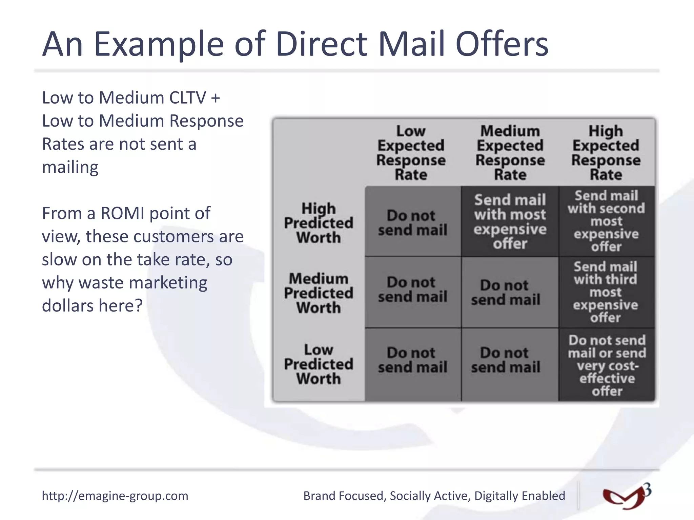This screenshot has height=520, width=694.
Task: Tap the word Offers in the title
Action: coord(502,44)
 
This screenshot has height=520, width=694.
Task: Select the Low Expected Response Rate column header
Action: coord(411,153)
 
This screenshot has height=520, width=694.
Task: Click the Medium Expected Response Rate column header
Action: coord(510,153)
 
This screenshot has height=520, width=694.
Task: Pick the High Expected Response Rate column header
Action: coord(606,153)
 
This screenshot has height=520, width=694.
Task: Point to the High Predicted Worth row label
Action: coord(319,223)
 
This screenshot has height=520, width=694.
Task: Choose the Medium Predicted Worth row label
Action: coord(319,293)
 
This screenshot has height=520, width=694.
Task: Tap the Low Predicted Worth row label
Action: coord(319,364)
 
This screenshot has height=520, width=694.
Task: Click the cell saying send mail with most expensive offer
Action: coord(510,222)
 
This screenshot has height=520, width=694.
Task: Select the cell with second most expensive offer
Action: coord(606,221)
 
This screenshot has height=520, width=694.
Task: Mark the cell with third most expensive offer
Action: coord(606,292)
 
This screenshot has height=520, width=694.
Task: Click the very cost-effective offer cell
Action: coord(607,365)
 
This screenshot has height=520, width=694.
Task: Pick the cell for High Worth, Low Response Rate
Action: coord(412,222)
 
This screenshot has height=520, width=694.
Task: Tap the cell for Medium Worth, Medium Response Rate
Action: coord(506,292)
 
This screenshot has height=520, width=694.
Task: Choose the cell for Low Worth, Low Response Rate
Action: coord(412,360)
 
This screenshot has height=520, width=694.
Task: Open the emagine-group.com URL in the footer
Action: coord(115,496)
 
